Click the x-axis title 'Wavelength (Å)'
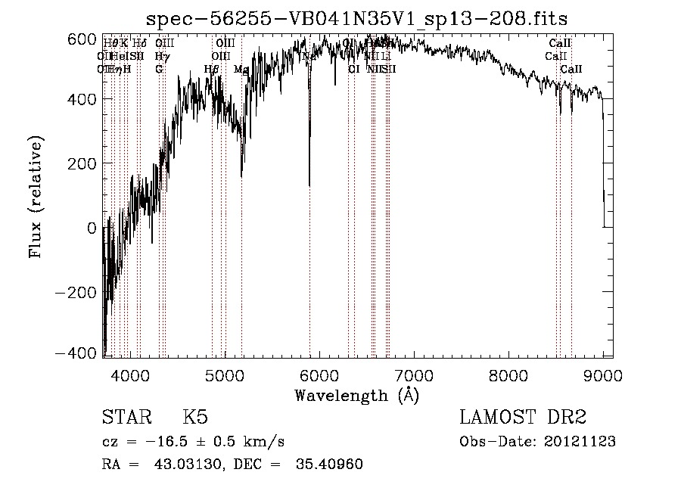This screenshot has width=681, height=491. (x=356, y=395)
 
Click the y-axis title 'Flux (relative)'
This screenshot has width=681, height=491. (x=36, y=197)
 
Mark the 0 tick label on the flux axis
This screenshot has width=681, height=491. (x=92, y=228)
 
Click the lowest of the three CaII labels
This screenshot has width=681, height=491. (x=571, y=70)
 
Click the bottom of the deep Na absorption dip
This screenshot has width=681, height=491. (x=309, y=185)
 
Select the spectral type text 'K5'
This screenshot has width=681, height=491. (x=195, y=418)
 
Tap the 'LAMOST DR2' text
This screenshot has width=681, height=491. (x=523, y=418)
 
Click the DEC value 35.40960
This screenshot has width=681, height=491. (x=329, y=465)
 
